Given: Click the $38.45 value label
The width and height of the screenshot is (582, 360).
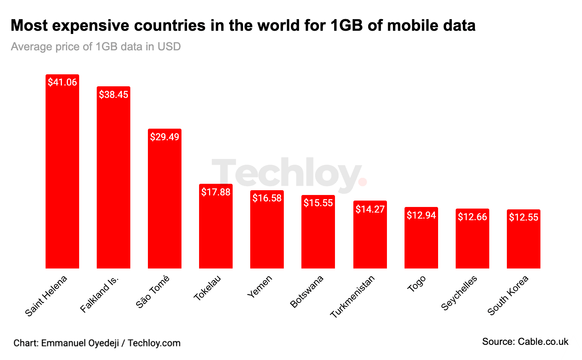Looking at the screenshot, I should tap(114, 95).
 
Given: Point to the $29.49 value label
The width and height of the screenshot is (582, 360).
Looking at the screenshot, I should tap(165, 137).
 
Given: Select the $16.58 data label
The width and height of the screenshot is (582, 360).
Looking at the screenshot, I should tap(267, 198).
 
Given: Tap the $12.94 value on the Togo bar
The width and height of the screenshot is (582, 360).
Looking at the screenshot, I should tap(421, 215).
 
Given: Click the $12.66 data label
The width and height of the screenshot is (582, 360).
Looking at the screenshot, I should tap(472, 217).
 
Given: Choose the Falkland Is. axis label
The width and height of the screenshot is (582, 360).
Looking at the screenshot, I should tap(100, 294).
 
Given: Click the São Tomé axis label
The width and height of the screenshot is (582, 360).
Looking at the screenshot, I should tap(153, 292).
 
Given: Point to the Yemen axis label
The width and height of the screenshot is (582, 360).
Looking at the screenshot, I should tap(260, 286).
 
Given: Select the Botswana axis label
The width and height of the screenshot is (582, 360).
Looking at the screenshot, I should tap(307, 292).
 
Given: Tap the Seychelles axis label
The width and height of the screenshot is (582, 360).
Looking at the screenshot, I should tap(459, 293).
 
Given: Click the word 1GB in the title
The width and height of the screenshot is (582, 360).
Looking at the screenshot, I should tap(346, 26).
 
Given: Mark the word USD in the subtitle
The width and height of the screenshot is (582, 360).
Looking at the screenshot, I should tap(169, 47).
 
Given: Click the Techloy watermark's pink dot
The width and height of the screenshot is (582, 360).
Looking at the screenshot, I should tap(363, 182).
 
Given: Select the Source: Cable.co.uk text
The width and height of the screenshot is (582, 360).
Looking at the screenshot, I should tap(525, 342).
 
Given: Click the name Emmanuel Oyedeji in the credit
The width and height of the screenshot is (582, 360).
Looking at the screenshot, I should tap(80, 343).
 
